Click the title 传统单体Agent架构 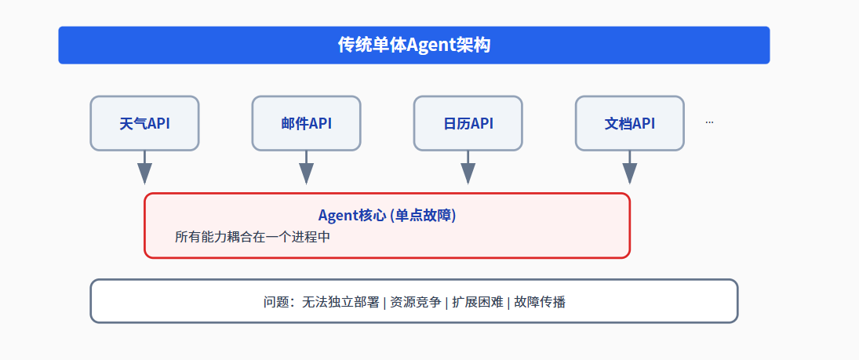(413, 45)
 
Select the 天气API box (144, 123)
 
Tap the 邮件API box (306, 123)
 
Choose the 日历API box (468, 123)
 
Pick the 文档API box (629, 123)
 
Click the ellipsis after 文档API (709, 122)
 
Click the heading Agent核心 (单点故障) (387, 216)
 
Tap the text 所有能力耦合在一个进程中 (253, 236)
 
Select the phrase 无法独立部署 (340, 302)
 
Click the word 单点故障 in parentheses (424, 216)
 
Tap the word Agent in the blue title (430, 45)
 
